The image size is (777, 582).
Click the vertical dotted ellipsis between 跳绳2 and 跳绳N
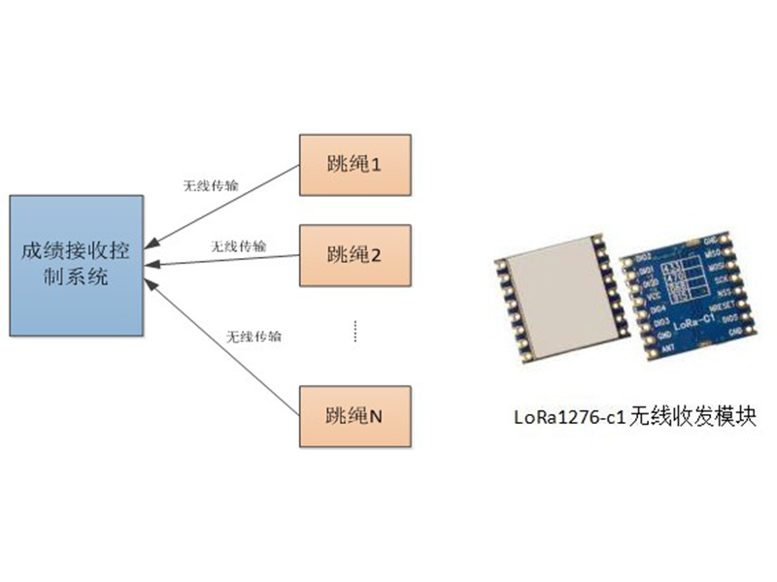pos(355,331)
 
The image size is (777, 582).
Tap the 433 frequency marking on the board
pos(670,268)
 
